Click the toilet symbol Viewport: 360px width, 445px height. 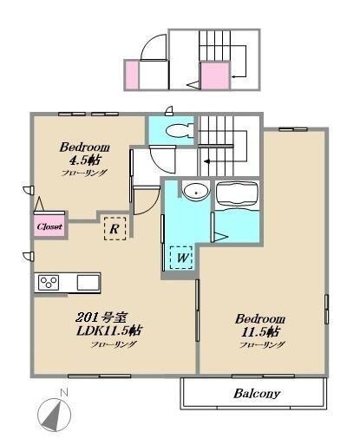pos(180,130)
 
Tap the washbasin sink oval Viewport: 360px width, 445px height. pos(196,192)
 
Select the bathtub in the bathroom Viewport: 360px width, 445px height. pos(237,194)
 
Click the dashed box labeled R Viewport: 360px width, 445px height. pos(115,228)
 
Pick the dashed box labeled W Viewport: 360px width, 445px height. pos(181,257)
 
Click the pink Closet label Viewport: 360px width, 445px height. pos(49,226)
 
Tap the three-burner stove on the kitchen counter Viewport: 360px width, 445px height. pos(49,282)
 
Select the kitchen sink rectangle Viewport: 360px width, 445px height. pos(88,282)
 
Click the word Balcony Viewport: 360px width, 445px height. pos(257,394)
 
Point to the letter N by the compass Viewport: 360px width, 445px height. pos(64,393)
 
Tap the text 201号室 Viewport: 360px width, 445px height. pos(101,317)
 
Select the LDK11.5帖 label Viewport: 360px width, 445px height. pos(109,330)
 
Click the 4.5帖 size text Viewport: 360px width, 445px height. pos(85,160)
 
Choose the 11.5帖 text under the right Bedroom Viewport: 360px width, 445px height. pos(260,331)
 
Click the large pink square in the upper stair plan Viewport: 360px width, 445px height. pos(215,75)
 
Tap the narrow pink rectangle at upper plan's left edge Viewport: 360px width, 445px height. pos(132,75)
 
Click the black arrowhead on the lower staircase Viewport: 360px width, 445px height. pos(206,161)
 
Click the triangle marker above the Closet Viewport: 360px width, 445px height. pos(39,204)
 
